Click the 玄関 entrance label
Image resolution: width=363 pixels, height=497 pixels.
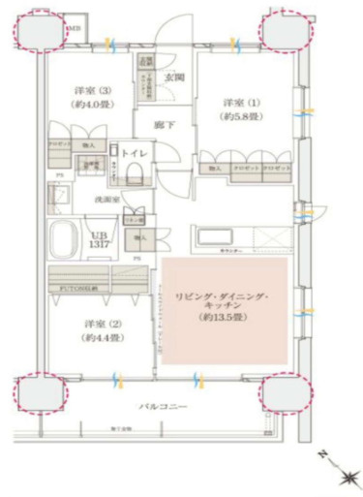coord(175,78)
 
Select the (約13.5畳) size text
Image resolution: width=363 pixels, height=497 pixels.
coord(225,317)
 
